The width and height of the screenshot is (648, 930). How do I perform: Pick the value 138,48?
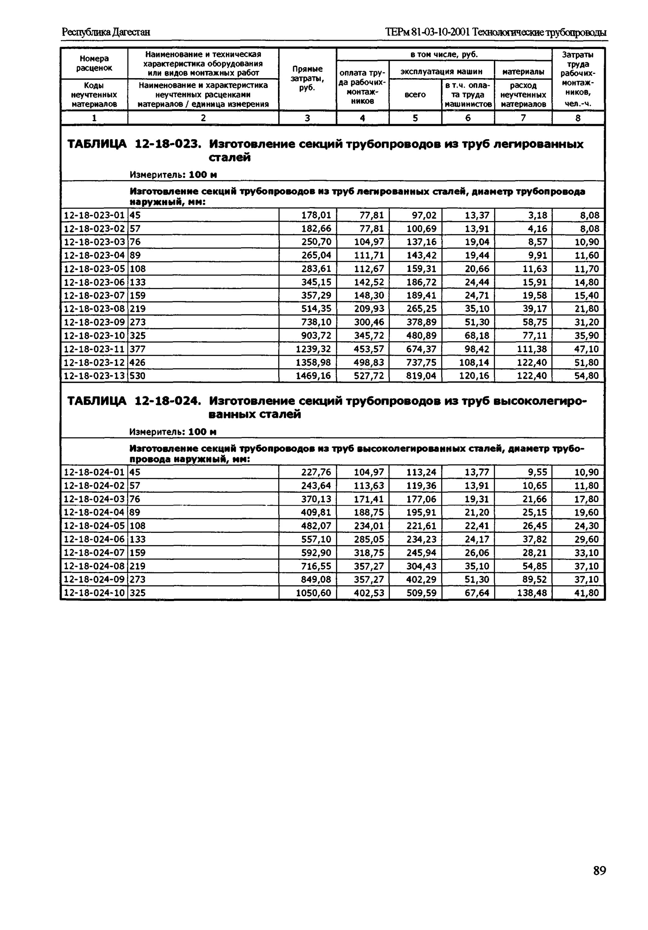[x=532, y=593]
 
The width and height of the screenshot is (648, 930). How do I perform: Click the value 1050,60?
[x=314, y=593]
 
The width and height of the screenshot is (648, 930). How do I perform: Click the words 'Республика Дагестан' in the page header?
[x=106, y=32]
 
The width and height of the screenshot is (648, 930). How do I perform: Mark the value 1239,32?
[x=314, y=349]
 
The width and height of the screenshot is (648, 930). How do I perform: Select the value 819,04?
[x=421, y=375]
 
